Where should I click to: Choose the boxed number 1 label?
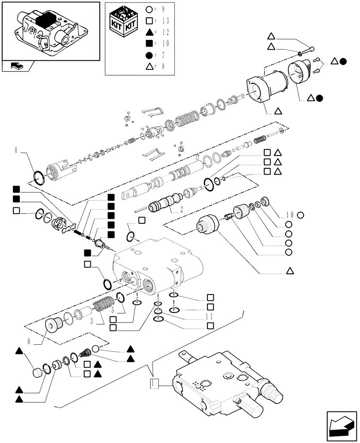point(153,382)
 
